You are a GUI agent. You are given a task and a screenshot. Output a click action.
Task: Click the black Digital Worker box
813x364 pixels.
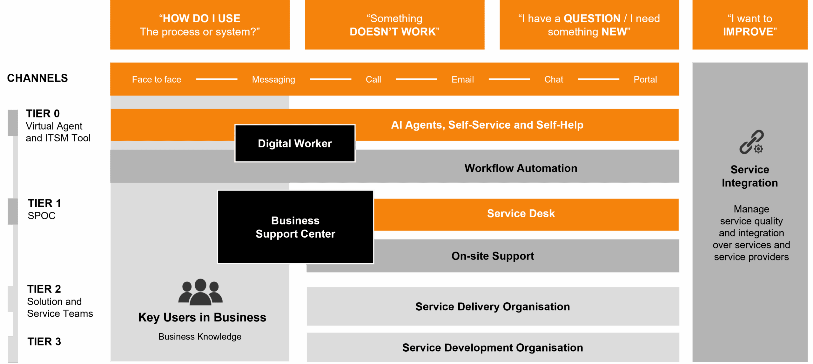(x=295, y=143)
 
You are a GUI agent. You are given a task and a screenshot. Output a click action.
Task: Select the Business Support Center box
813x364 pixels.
(x=295, y=227)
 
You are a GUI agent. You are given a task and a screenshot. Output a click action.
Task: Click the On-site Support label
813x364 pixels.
(x=493, y=256)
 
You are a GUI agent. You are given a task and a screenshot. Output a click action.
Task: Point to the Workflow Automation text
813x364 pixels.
(x=521, y=168)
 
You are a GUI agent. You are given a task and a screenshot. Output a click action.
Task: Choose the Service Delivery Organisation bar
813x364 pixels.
(x=493, y=306)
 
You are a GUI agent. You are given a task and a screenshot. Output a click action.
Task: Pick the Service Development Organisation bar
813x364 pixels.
(x=493, y=347)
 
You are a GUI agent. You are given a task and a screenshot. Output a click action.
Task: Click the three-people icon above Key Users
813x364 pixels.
(x=200, y=292)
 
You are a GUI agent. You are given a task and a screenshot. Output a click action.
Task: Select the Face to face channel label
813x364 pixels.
(x=157, y=79)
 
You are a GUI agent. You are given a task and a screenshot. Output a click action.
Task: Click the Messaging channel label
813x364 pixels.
(x=273, y=79)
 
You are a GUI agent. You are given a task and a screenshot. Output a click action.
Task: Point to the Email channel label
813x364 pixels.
(x=462, y=79)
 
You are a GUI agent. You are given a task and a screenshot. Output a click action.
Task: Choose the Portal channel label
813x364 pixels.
(x=645, y=79)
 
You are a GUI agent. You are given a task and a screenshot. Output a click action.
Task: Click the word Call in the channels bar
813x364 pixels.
(x=373, y=79)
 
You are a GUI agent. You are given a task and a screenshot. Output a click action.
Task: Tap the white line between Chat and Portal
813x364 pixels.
(x=598, y=79)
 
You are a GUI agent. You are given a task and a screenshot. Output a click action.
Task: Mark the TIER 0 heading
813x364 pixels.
(x=43, y=113)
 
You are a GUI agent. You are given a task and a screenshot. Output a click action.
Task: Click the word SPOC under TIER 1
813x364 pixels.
(x=42, y=216)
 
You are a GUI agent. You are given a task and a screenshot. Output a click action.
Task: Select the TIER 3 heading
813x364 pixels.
(x=44, y=341)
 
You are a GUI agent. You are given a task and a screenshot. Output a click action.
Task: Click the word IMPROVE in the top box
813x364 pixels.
(x=750, y=32)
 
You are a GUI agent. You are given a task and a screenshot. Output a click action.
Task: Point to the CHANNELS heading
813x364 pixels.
(x=37, y=78)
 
